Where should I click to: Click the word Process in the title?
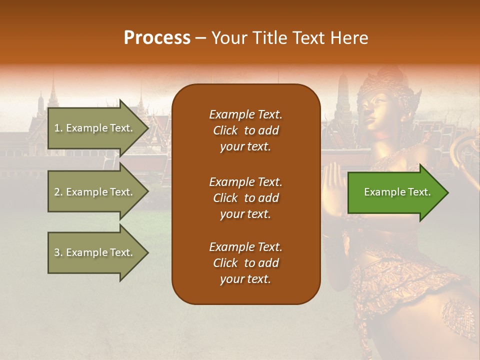click(157, 38)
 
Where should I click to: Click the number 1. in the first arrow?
click(58, 128)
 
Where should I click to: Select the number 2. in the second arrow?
click(58, 192)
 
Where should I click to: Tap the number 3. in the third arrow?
click(58, 252)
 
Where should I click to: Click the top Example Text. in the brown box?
click(245, 114)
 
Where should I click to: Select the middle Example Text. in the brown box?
click(245, 181)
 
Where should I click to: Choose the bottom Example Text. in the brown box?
click(245, 247)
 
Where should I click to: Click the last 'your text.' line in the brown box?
click(245, 279)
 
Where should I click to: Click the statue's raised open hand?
click(332, 182)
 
